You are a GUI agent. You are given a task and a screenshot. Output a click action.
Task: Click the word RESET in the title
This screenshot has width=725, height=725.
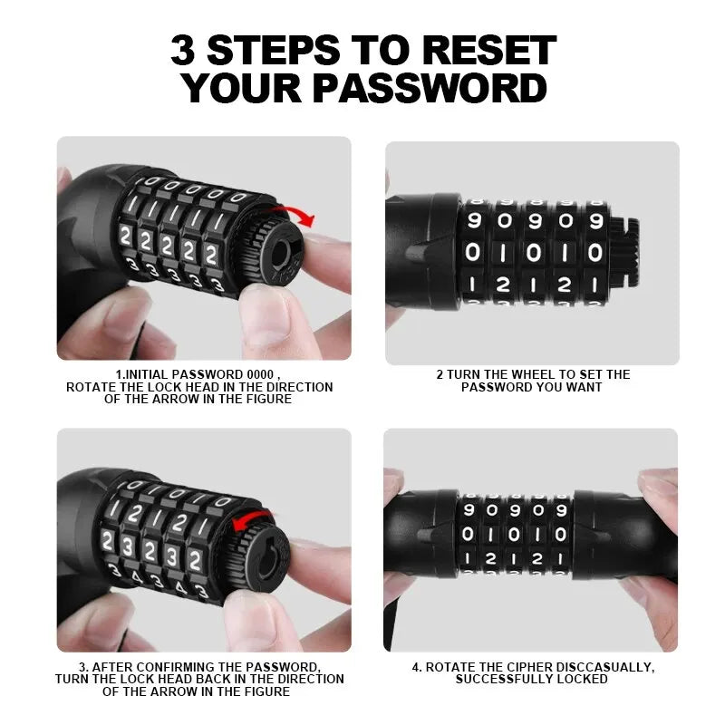pos(488,50)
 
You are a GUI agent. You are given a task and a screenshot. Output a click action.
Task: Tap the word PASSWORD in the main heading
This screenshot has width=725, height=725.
pos(430,88)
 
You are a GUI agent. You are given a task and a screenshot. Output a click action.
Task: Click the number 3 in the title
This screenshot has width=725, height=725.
pos(182,50)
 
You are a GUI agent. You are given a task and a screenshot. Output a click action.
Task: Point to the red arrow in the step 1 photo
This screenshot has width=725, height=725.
pos(296,216)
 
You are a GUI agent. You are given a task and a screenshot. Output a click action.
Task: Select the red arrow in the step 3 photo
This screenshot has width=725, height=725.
pos(252,520)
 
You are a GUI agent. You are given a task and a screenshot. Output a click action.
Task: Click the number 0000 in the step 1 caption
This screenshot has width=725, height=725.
pos(260,374)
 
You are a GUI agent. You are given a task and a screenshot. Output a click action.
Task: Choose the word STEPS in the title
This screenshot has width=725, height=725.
pos(273,50)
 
